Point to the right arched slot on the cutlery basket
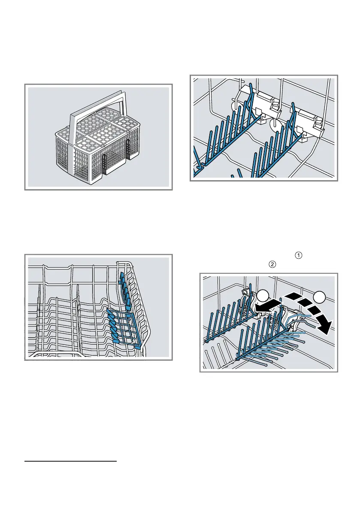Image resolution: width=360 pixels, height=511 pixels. pos(128,149)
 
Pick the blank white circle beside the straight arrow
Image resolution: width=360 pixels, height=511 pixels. pos(262,296)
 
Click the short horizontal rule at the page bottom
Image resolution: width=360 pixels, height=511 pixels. pos(70,462)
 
